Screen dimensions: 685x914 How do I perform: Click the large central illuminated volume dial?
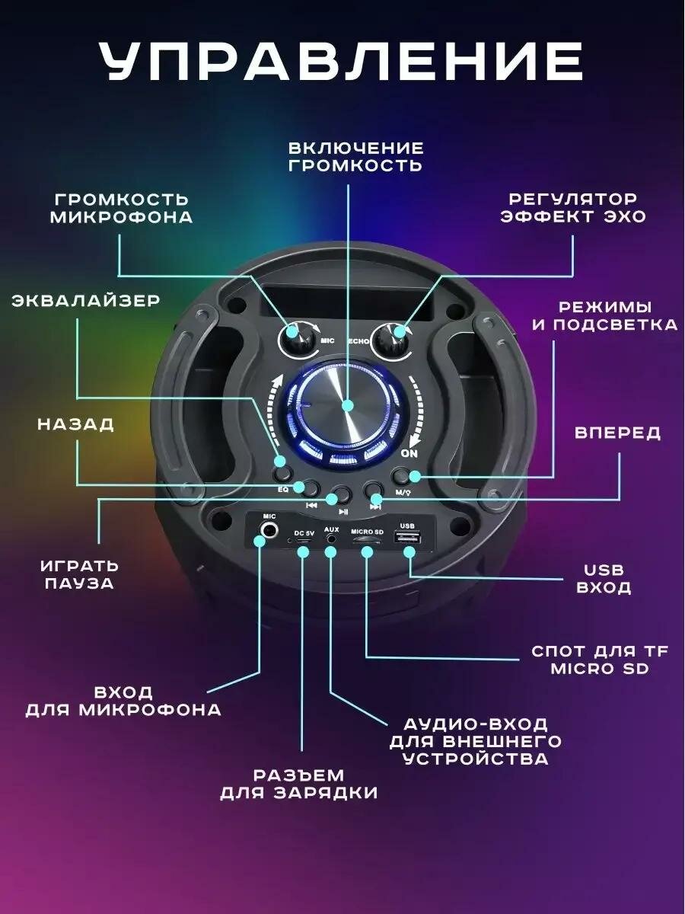346,407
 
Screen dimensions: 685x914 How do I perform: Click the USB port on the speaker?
406,538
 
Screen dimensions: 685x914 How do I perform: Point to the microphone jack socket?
269,531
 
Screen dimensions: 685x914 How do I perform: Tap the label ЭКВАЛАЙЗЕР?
85,301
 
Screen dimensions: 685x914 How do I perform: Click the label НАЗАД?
75,424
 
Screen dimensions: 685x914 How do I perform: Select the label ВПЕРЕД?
617,433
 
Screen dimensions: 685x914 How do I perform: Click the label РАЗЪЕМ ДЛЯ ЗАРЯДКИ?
299,784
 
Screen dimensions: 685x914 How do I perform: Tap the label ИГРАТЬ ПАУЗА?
79,575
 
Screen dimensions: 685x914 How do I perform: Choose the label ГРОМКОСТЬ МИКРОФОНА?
121,208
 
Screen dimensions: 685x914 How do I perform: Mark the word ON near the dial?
409,453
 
